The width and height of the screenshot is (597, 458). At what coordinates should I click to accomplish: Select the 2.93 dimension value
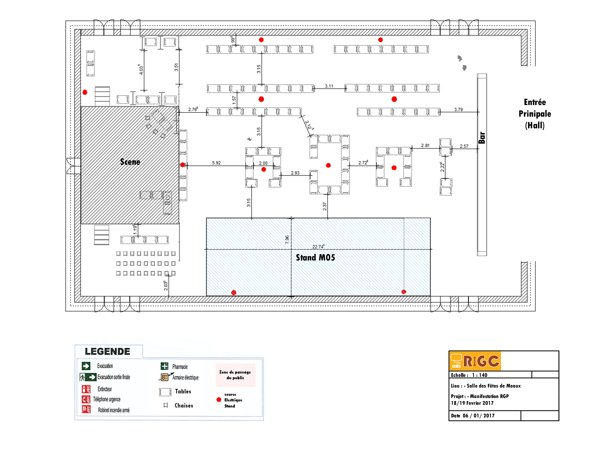point(295,173)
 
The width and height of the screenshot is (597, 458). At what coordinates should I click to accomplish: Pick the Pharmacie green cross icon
point(164,366)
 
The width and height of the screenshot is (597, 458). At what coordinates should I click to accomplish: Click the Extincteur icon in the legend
point(86,389)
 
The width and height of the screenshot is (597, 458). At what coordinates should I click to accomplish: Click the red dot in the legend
point(219,400)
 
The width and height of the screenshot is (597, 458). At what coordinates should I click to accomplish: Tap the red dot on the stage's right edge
point(183,165)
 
